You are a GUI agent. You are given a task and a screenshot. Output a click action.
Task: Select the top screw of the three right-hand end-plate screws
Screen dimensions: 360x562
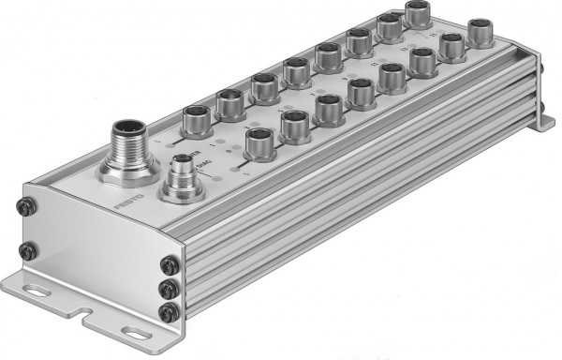(x=169, y=267)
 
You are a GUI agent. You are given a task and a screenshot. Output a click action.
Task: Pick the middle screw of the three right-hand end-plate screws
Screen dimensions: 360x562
(x=169, y=290)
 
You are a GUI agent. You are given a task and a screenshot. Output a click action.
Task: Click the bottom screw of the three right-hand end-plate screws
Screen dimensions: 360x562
(x=169, y=311)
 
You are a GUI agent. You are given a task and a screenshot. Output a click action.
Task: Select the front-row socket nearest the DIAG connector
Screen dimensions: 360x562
(x=259, y=141)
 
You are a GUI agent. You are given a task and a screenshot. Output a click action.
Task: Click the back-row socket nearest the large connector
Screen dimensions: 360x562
(x=197, y=120)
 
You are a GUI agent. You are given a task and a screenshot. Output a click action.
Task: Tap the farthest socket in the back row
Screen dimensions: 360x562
(x=417, y=13)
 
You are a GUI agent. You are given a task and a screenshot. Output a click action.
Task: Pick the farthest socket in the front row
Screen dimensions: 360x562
(x=482, y=31)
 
